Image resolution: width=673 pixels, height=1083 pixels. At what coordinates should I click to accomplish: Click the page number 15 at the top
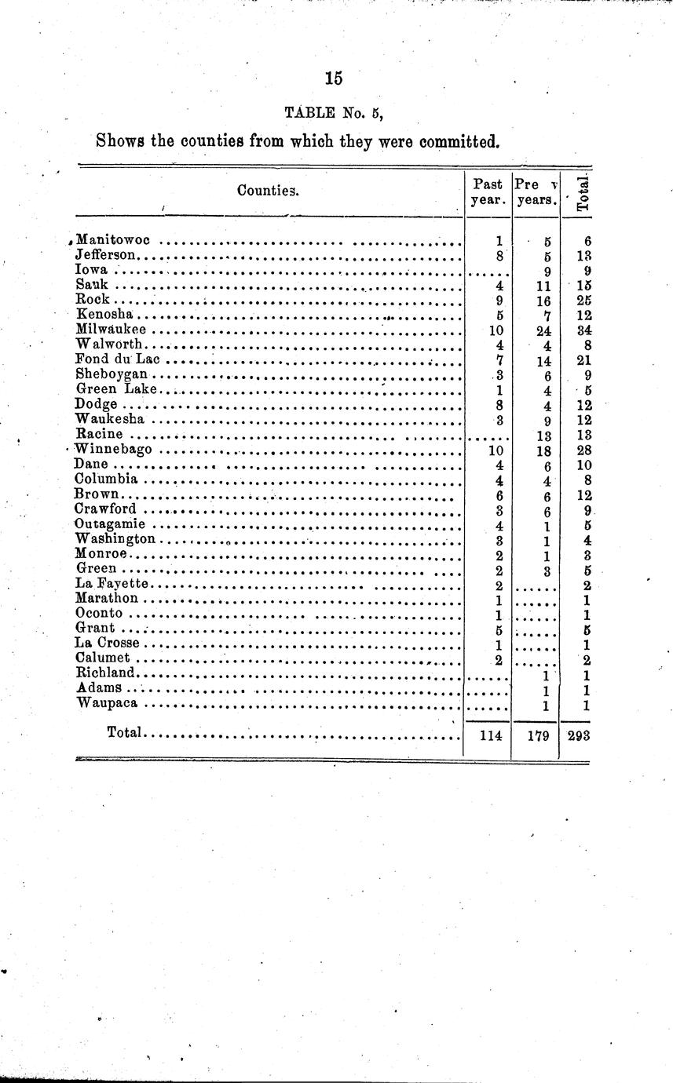(x=334, y=78)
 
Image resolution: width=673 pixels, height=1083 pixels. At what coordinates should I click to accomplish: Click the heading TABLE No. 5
(x=334, y=112)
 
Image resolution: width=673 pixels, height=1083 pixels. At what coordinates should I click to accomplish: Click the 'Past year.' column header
(x=488, y=191)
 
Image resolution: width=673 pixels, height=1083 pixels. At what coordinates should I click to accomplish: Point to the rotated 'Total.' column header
(x=583, y=193)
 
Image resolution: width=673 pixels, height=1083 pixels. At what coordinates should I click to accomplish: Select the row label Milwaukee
(x=111, y=330)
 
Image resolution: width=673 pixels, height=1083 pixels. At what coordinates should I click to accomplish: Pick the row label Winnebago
(x=113, y=450)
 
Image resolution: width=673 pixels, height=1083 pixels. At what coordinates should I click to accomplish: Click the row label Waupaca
(x=110, y=704)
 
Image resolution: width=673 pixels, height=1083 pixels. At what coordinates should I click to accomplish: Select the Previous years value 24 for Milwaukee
(x=542, y=330)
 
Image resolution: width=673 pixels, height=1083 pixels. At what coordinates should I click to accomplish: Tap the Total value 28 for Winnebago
(x=583, y=450)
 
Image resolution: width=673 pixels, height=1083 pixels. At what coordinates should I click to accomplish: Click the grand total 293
(x=578, y=737)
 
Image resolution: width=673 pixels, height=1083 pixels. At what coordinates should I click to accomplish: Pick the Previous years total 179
(x=537, y=737)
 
